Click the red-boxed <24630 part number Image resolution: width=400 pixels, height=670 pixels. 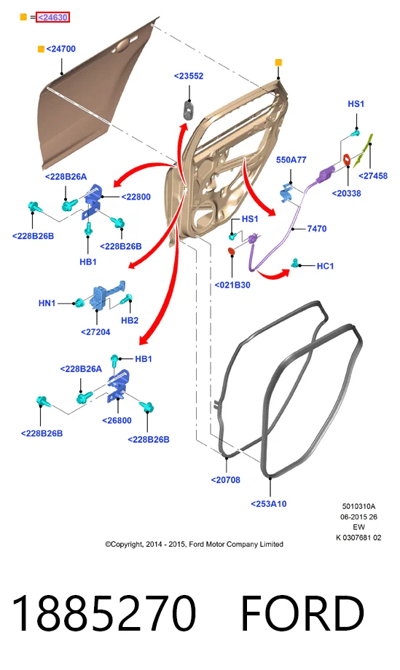coord(52,17)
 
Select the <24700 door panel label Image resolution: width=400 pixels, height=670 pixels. coord(60,49)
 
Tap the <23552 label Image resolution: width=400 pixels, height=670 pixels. coord(189,76)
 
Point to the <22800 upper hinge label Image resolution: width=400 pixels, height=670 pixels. coord(136,197)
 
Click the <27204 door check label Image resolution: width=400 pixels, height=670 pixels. coord(95,331)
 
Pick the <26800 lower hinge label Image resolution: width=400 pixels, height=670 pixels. coord(117,420)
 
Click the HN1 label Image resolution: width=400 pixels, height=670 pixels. coord(47,303)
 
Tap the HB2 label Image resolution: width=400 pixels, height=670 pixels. coord(130,320)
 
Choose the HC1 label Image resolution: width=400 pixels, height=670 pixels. coord(325,266)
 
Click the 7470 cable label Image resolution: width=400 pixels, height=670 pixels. coord(317,229)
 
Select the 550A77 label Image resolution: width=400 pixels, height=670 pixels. coord(291,159)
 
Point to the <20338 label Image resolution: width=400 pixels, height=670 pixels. coord(346,193)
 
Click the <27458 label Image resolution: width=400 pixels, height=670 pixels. coord(373,176)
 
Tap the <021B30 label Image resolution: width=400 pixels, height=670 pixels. coord(232,285)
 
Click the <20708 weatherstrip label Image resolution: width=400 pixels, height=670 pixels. coord(226,480)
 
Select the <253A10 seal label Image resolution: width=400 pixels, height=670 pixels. coord(269,504)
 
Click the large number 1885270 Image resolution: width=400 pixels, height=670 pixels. coord(104,613)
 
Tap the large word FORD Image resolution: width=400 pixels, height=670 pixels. coord(302,613)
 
